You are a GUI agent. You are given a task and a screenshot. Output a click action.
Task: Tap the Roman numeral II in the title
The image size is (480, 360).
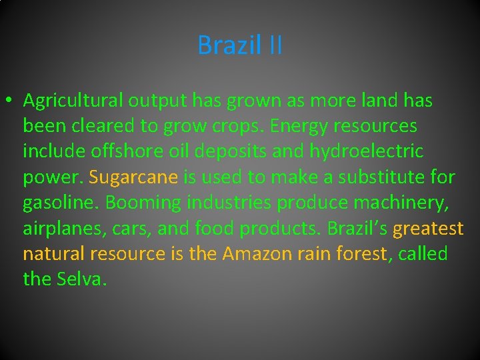click(275, 45)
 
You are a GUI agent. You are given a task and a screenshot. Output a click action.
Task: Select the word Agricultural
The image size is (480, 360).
click(73, 101)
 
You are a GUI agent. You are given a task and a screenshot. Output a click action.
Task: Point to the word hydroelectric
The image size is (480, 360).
click(366, 152)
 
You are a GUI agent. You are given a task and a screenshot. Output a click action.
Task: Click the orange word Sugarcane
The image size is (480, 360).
click(133, 177)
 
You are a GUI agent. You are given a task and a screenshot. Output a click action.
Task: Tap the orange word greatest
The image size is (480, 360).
click(429, 228)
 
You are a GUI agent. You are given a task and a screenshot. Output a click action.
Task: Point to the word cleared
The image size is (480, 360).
click(99, 127)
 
